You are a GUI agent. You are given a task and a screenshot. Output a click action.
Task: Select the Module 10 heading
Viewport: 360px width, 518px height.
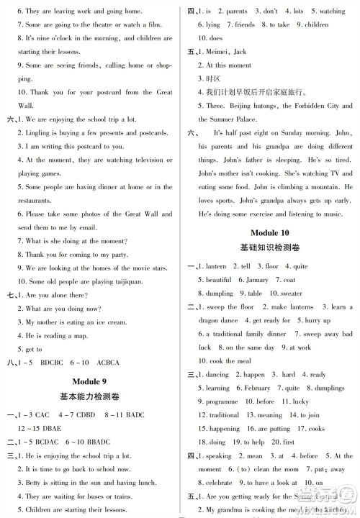click(270, 232)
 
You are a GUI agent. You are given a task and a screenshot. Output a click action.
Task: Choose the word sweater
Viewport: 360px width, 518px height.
click(291, 294)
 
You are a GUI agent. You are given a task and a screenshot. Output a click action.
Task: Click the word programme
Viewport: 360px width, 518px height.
click(222, 401)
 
